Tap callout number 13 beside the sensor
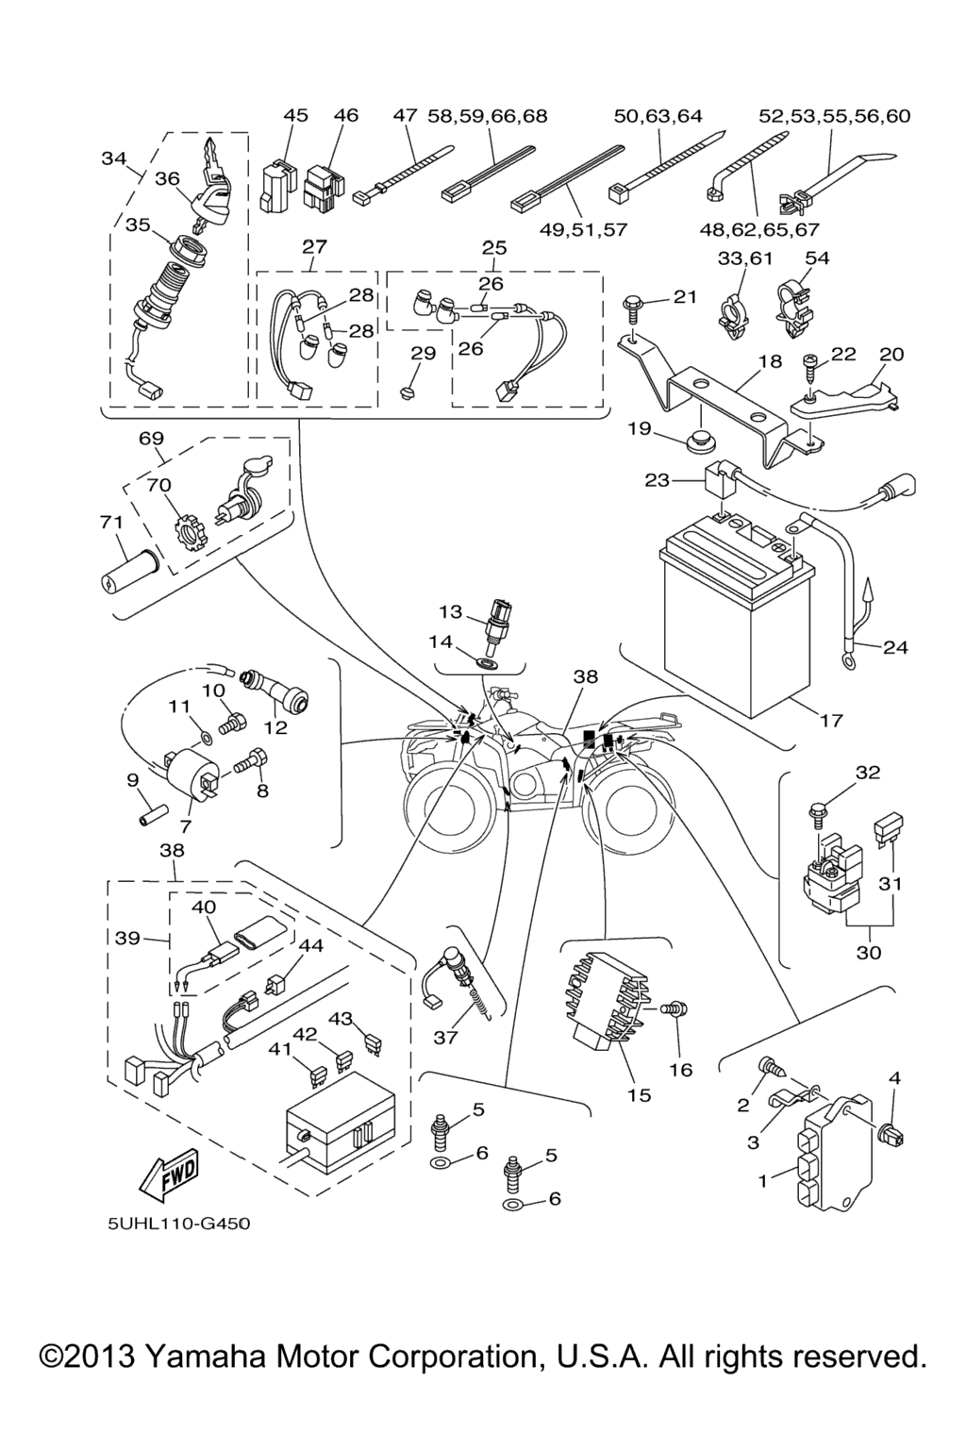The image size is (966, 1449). pos(450,612)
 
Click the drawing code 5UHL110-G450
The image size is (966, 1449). pos(179,1224)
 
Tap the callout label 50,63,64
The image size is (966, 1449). pos(658,116)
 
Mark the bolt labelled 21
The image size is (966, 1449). pos(633,304)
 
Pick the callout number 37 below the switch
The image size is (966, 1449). pos(445,1038)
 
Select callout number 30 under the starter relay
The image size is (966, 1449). pos(868,953)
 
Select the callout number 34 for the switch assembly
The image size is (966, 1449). pos(113,158)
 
